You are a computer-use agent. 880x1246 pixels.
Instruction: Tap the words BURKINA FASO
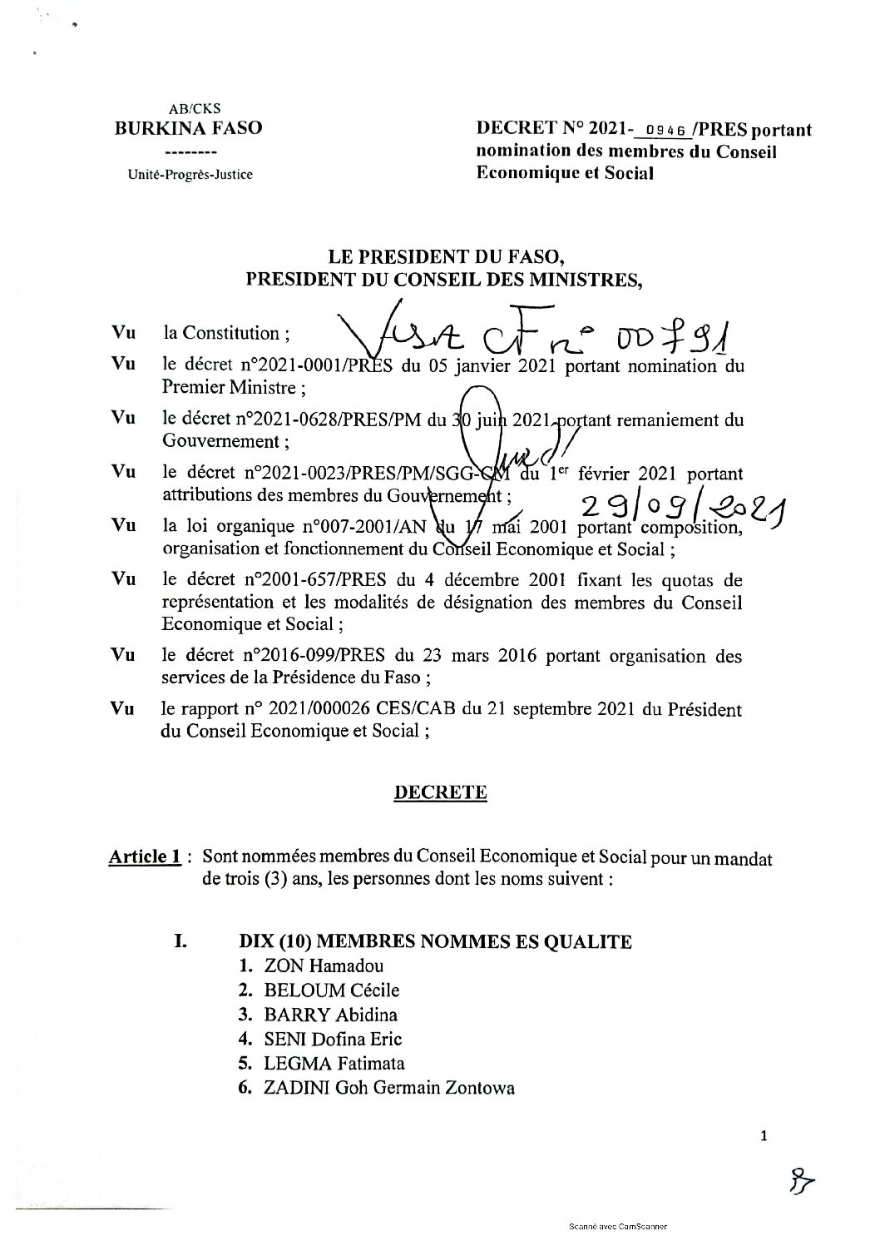click(188, 128)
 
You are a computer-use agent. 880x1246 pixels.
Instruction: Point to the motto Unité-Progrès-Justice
click(190, 175)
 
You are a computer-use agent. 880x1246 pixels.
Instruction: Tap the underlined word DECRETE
click(440, 792)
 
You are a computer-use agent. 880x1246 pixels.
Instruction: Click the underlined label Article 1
click(145, 858)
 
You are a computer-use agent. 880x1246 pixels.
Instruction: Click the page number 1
click(764, 1135)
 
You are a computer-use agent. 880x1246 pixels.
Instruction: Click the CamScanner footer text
click(618, 1225)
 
